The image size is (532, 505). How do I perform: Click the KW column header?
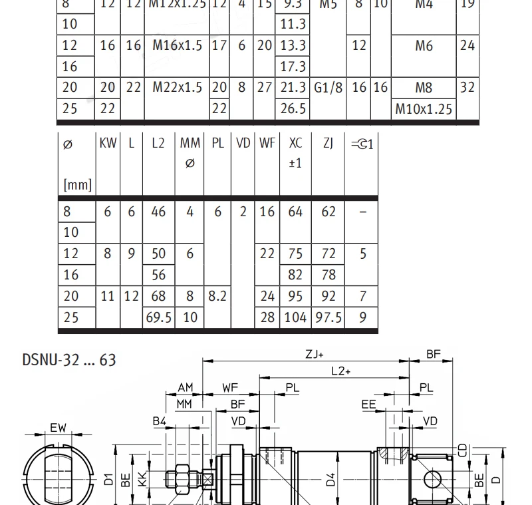coord(108,144)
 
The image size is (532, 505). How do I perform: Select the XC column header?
coord(295,144)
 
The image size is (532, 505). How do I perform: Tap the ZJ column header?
coord(328,144)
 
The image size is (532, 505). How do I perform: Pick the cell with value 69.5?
coord(158,317)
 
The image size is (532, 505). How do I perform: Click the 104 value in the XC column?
coord(295,317)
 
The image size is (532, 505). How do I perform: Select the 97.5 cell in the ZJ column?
coord(328,317)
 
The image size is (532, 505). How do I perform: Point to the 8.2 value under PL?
coord(217,296)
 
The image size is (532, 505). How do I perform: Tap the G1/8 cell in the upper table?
coord(329,87)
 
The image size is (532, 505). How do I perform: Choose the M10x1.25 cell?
coord(424,108)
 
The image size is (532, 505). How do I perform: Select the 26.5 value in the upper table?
coord(293,108)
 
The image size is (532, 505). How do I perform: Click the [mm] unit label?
coord(76,184)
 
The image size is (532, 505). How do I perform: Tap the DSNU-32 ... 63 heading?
coord(69,360)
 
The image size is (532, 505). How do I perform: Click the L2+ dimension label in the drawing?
coord(340,371)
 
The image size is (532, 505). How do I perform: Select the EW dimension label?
coord(59,428)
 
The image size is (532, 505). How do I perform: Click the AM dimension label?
coord(185,388)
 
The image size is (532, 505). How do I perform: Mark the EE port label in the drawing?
coord(368,404)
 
